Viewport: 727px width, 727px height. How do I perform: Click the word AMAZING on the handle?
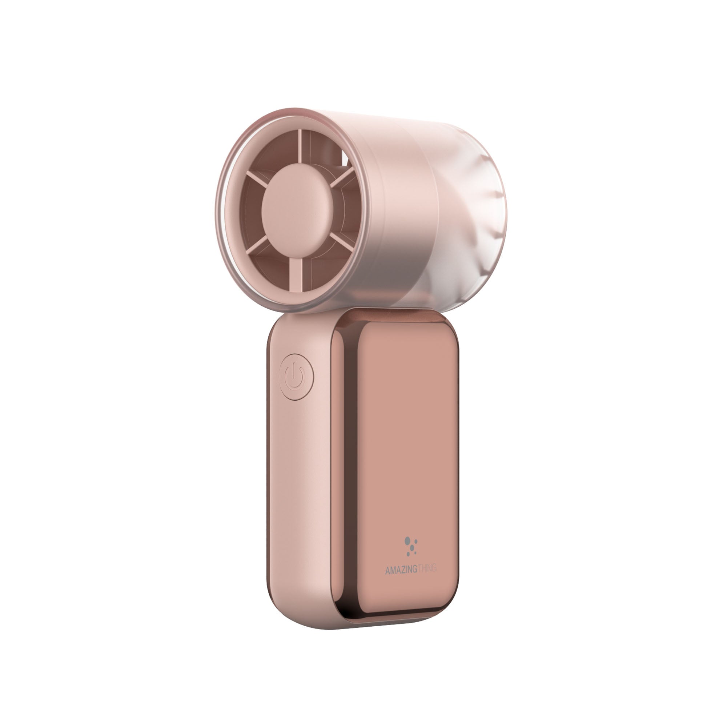tap(401, 581)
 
